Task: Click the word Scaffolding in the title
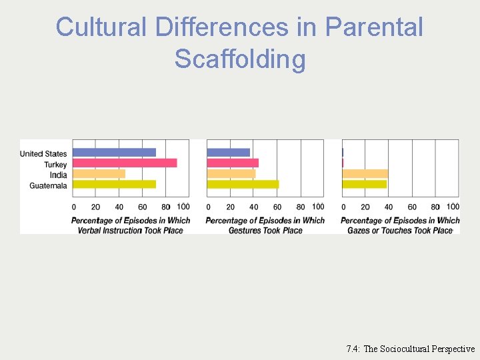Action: (x=240, y=59)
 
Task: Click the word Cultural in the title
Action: (x=102, y=27)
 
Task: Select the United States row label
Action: (x=43, y=154)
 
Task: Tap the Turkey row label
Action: (x=55, y=165)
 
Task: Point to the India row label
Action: (x=59, y=175)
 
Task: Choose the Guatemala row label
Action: (x=48, y=185)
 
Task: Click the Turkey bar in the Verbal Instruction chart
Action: (x=125, y=163)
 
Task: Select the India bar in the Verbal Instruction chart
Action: (x=99, y=173)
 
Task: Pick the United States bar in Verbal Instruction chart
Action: (x=114, y=152)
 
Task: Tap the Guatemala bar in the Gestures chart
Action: (x=243, y=184)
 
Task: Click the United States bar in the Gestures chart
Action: (x=228, y=152)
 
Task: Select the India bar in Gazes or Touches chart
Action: (x=365, y=173)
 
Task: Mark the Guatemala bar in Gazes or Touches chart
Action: (x=364, y=184)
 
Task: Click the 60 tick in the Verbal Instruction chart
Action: (x=143, y=207)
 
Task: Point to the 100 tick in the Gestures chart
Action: (x=318, y=207)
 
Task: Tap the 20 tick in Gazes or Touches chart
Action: (x=365, y=207)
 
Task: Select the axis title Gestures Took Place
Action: (x=265, y=230)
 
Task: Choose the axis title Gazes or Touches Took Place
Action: (x=400, y=230)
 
